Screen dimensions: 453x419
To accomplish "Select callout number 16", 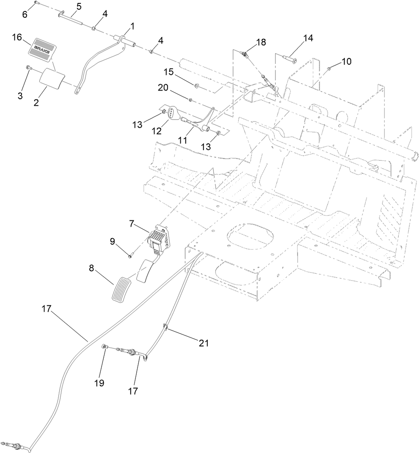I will pos(17,38).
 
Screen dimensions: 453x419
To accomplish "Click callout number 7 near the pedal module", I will pos(132,223).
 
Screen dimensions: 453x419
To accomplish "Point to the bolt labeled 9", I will pos(130,255).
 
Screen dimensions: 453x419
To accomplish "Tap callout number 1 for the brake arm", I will pos(132,26).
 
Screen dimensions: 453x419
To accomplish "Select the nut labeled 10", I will pos(329,68).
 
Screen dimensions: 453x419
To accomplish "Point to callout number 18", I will pos(261,41).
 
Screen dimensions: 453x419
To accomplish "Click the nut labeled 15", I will pos(197,86).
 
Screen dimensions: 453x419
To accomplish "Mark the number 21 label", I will pos(204,343).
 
